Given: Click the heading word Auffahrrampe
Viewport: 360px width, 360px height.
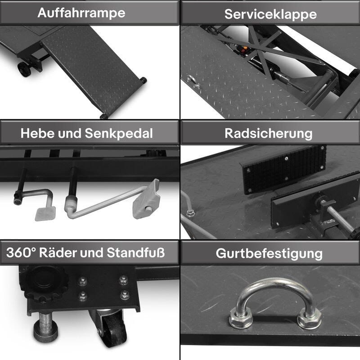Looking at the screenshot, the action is (x=81, y=13).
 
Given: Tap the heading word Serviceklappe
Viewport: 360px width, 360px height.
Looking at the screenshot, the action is (x=270, y=14).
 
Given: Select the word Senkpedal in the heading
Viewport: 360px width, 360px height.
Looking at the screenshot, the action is (x=119, y=134).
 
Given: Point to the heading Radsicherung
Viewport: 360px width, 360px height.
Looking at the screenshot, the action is (x=268, y=134).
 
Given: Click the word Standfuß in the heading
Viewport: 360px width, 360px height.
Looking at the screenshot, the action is (x=136, y=252).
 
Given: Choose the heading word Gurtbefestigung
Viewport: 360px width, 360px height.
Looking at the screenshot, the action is (x=269, y=254).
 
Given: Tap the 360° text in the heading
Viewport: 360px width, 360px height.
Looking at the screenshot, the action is (x=21, y=252).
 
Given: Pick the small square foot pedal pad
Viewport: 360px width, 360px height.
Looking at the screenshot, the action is (x=45, y=213).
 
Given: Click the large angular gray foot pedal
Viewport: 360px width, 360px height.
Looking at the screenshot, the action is (x=146, y=199).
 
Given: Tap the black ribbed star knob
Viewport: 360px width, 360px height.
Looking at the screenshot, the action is (x=44, y=284).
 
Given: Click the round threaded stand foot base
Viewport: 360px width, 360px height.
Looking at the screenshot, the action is (x=45, y=333).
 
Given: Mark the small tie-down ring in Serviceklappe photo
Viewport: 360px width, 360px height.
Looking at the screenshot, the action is (x=193, y=81).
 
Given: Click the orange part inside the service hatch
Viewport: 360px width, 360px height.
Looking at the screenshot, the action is (x=245, y=48).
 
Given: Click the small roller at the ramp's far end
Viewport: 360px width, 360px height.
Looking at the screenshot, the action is (x=143, y=80).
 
